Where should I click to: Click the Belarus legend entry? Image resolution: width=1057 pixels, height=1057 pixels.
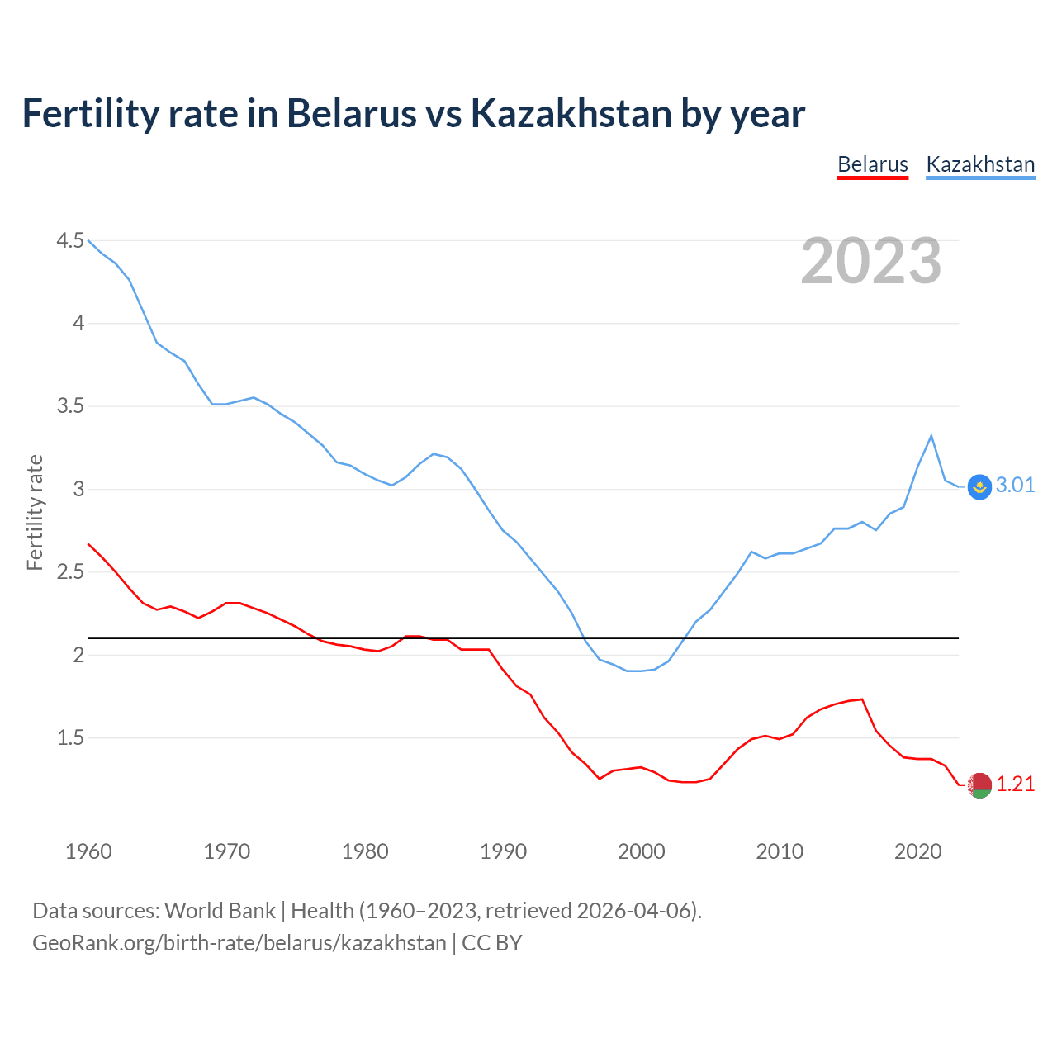click(x=872, y=164)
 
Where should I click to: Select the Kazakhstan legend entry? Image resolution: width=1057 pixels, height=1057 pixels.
click(x=980, y=164)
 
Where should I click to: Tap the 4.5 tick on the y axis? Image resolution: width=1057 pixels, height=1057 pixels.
click(x=70, y=240)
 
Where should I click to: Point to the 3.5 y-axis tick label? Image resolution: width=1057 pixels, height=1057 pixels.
click(x=70, y=405)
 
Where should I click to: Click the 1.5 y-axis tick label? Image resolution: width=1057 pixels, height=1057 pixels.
click(x=70, y=737)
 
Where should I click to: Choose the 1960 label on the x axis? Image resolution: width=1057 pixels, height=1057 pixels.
click(x=88, y=851)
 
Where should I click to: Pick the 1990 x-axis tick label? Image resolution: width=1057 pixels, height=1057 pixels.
click(x=503, y=851)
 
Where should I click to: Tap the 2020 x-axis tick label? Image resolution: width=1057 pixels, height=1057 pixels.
click(x=917, y=851)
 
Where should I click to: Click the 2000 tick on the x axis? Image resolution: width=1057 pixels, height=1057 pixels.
click(x=641, y=851)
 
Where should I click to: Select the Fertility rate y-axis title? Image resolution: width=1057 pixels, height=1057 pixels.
click(x=35, y=512)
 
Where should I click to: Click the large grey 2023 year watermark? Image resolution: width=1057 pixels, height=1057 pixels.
click(x=870, y=261)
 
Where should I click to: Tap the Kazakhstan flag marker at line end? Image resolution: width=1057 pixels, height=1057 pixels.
click(x=979, y=487)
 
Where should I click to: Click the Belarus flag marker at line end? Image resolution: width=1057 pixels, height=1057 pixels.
click(x=979, y=785)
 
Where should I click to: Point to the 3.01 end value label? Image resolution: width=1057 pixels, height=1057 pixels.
click(x=1015, y=485)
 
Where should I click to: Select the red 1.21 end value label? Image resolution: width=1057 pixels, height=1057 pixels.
click(x=1015, y=784)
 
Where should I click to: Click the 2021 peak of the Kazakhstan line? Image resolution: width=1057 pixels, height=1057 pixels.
click(x=931, y=435)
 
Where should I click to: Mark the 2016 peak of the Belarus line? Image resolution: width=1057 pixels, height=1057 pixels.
click(x=862, y=699)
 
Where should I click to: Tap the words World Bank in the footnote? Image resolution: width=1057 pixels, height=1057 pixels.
click(x=220, y=910)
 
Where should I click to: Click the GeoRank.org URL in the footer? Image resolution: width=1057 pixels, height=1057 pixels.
click(x=239, y=942)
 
